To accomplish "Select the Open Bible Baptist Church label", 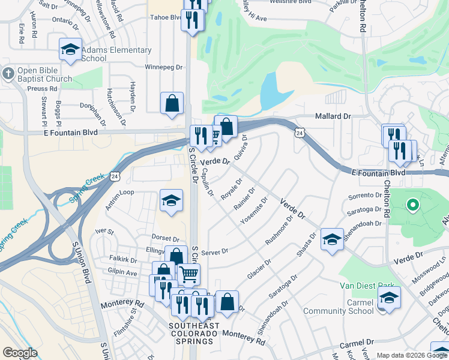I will click(44, 74).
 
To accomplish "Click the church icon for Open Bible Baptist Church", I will click(8, 73).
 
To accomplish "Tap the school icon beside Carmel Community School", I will click(389, 298).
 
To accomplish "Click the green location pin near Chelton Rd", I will click(412, 205).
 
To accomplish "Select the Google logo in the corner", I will click(20, 353).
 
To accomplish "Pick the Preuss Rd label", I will click(41, 88).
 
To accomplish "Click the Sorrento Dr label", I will click(365, 197).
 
